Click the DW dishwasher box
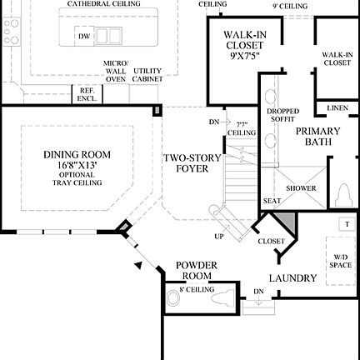[84, 36]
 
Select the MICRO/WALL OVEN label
[115, 71]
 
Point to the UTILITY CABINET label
[147, 73]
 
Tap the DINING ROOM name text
[77, 154]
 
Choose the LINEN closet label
[337, 108]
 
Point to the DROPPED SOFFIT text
[277, 115]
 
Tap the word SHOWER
[301, 188]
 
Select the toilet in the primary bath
[343, 195]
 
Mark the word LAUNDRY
[292, 278]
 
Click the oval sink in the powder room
[174, 295]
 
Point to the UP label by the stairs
[219, 236]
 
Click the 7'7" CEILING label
[241, 127]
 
